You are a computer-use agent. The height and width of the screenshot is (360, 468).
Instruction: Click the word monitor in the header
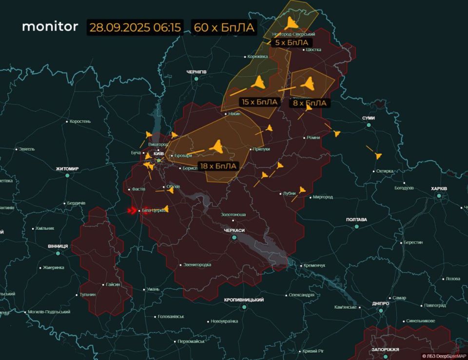click(50, 26)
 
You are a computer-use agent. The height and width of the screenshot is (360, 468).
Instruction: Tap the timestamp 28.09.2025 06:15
click(136, 27)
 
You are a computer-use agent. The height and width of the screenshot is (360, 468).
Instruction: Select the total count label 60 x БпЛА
click(224, 27)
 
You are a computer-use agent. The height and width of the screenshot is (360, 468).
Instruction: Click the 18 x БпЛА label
click(218, 166)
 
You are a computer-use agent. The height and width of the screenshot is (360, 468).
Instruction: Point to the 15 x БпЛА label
click(259, 102)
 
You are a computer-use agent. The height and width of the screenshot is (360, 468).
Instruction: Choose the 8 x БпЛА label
click(310, 103)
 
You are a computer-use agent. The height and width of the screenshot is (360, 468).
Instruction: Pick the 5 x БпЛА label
click(292, 43)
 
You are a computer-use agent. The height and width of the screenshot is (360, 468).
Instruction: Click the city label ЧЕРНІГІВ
click(197, 72)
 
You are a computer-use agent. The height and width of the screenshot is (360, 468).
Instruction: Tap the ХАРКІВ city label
click(439, 189)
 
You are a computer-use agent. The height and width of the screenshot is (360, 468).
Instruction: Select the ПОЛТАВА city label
click(356, 220)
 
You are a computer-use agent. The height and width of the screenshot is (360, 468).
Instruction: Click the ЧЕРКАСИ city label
click(234, 230)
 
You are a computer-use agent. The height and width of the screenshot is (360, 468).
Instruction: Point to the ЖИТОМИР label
click(67, 169)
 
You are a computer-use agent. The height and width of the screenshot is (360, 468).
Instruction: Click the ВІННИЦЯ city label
click(58, 246)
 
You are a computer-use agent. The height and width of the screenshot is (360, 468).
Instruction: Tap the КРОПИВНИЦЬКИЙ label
click(244, 300)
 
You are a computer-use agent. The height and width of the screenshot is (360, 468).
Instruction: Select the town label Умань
click(153, 289)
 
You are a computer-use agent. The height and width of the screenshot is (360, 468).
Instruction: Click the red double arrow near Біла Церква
click(132, 211)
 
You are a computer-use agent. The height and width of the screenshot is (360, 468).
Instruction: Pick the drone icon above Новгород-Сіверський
click(292, 23)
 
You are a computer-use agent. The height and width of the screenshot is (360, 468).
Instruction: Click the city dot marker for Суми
click(369, 125)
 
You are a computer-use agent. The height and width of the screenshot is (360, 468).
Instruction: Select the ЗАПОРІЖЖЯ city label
click(385, 350)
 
